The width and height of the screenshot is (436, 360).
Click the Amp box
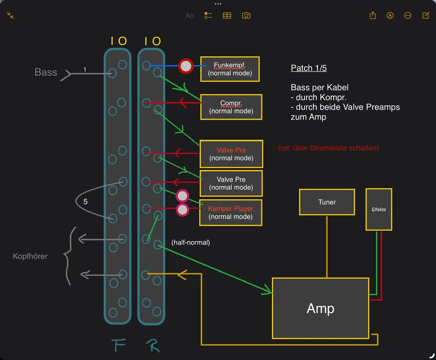coord(321,308)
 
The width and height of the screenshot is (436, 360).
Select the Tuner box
coord(327,202)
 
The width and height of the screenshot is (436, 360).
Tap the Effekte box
coord(379,209)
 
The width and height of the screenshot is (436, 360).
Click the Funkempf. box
coord(230,69)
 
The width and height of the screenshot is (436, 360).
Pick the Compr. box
coord(231,107)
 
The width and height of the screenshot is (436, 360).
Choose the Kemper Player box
coord(231,213)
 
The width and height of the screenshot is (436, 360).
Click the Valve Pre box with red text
coord(231,154)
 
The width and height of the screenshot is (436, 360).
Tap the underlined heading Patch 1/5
coord(309,68)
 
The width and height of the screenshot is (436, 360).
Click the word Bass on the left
coord(46,72)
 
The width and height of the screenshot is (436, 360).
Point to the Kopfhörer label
coord(30,256)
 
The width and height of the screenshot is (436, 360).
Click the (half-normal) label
coord(190,243)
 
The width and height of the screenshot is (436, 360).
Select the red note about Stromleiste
coord(328,148)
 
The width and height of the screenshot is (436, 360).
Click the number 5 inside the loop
coord(85,202)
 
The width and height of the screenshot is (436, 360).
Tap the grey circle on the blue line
coord(186,66)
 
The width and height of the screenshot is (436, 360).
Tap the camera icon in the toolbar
coord(246,15)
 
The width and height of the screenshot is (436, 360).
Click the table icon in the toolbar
coord(227,15)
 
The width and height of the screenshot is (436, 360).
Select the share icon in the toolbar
coord(373,15)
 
